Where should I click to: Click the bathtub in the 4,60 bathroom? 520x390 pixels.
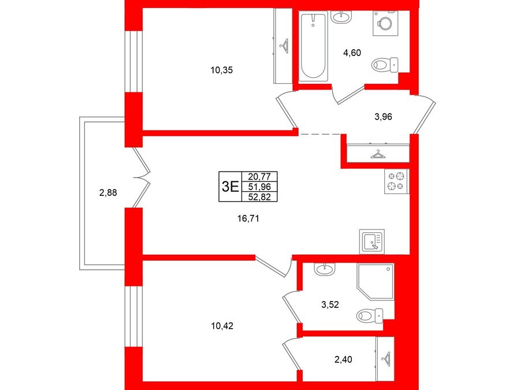[313, 46]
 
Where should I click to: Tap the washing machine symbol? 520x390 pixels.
[385, 23]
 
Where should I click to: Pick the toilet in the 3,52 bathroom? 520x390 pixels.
[369, 315]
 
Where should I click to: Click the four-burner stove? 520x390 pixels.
[396, 181]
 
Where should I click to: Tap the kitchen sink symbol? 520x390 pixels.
[372, 242]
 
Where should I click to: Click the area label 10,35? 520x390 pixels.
[221, 70]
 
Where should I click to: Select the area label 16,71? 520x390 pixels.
[248, 218]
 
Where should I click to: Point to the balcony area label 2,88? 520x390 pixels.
[108, 192]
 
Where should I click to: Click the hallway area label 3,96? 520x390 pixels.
[383, 117]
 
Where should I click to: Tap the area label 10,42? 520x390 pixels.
[222, 326]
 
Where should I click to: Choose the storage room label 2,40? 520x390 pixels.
[343, 359]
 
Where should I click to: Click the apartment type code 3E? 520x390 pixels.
[230, 187]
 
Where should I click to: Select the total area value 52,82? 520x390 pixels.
[259, 197]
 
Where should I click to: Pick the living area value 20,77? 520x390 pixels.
[259, 176]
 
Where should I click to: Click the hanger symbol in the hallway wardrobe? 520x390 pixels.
[377, 154]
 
